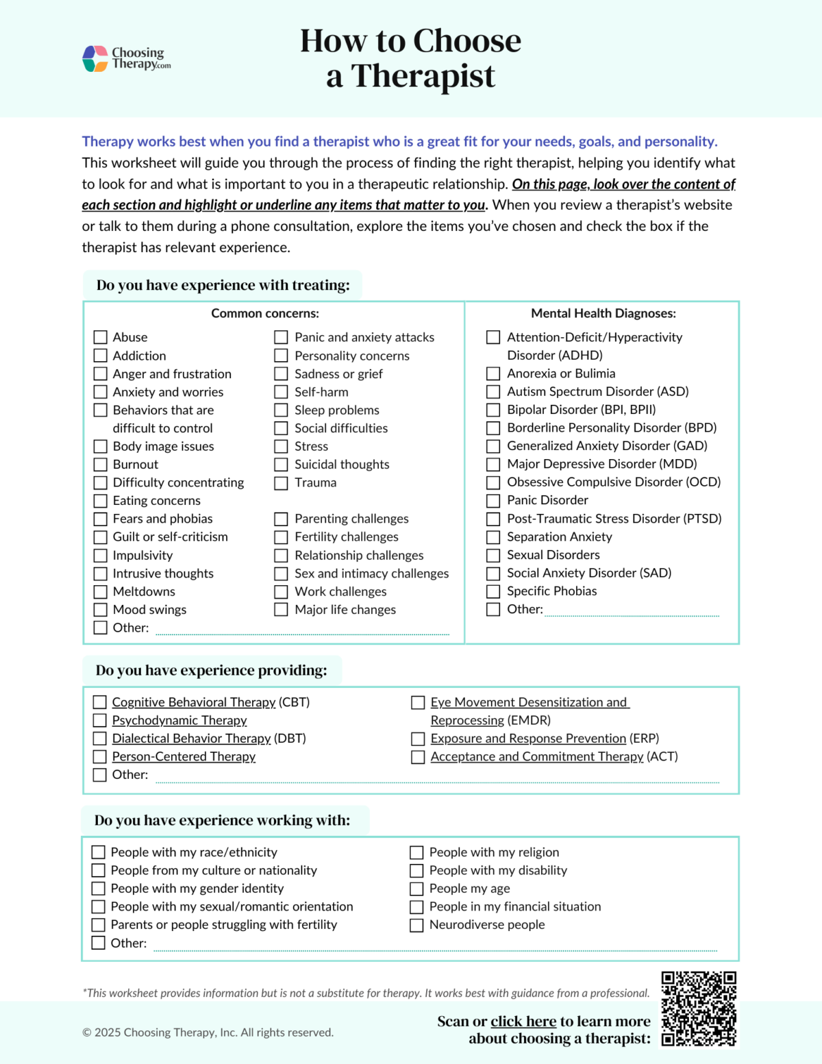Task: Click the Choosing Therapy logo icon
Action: pyautogui.click(x=95, y=59)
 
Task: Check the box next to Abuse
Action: pyautogui.click(x=101, y=337)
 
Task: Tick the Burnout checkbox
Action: pyautogui.click(x=101, y=465)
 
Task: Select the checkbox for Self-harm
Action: pyautogui.click(x=281, y=392)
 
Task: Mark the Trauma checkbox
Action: pyautogui.click(x=281, y=483)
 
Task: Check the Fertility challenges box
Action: pyautogui.click(x=281, y=537)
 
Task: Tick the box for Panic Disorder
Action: pyautogui.click(x=493, y=501)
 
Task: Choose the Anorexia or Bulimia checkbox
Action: pyautogui.click(x=493, y=373)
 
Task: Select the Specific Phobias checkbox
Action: pyautogui.click(x=493, y=591)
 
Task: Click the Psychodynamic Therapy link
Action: pyautogui.click(x=179, y=721)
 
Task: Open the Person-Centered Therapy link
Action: pyautogui.click(x=184, y=757)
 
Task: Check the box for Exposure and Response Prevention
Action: pyautogui.click(x=418, y=739)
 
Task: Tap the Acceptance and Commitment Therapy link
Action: pyautogui.click(x=536, y=757)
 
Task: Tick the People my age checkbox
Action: pyautogui.click(x=416, y=889)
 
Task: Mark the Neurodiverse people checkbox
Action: pyautogui.click(x=416, y=925)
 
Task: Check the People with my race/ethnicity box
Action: pyautogui.click(x=99, y=852)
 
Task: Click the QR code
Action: pyautogui.click(x=699, y=1009)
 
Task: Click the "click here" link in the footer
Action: pyautogui.click(x=523, y=1022)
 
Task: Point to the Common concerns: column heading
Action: pyautogui.click(x=265, y=314)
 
